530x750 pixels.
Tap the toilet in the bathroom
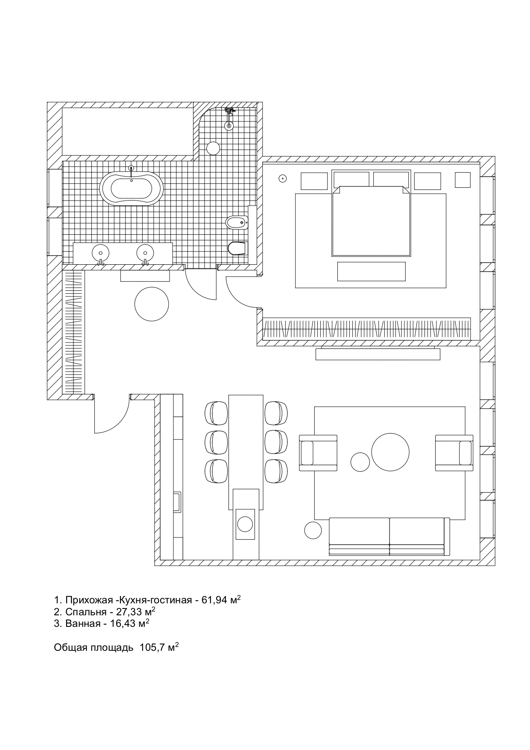[237, 248]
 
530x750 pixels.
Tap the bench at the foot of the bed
[371, 272]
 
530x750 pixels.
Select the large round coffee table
[390, 452]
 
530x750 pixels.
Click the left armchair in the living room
[318, 453]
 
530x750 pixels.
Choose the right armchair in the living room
[454, 453]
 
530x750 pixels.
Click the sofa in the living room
[389, 537]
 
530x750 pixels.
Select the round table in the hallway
[152, 304]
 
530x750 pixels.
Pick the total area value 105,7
[152, 648]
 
